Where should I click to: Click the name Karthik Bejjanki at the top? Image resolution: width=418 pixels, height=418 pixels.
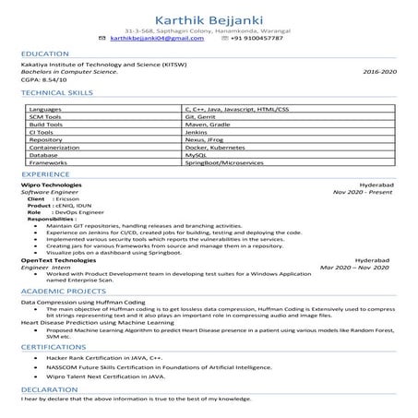209,15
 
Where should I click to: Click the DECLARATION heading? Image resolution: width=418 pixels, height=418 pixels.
49,390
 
